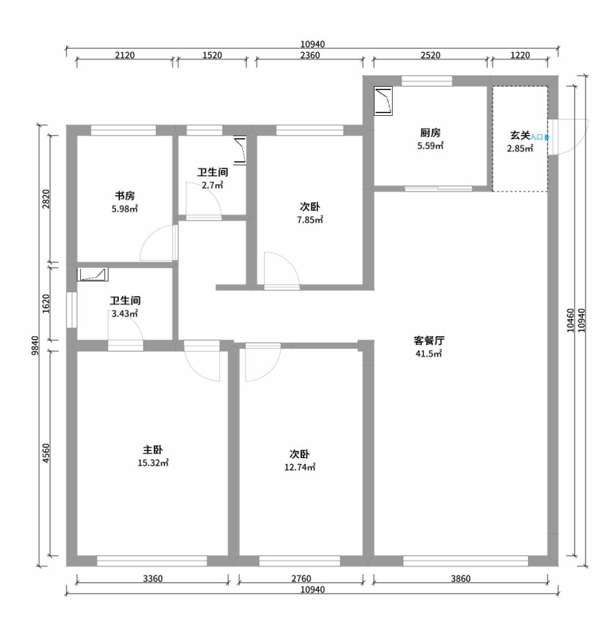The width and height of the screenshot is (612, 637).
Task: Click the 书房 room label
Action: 124,196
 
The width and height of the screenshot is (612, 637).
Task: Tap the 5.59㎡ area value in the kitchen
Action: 430,146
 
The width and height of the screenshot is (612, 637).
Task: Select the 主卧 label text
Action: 153,450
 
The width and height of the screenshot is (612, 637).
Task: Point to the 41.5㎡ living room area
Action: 429,354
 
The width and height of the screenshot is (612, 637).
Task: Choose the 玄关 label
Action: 520,136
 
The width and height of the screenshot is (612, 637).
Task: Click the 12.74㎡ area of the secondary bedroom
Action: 300,467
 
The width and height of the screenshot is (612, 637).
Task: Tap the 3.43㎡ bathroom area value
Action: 125,314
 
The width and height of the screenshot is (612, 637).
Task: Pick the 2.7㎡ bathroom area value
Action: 212,185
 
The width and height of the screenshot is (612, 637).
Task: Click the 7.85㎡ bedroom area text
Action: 310,220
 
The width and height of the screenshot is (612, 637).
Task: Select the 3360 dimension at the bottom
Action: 153,579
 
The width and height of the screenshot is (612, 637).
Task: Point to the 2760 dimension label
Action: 301,579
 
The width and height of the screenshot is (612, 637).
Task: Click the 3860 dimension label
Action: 460,579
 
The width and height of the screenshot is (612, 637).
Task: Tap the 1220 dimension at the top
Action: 520,55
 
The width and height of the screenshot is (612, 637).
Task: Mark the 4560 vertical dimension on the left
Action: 46,453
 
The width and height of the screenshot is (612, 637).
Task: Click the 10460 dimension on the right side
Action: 570,321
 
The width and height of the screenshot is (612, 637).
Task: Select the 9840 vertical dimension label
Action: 35,346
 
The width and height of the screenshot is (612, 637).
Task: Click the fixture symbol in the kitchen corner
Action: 383,101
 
